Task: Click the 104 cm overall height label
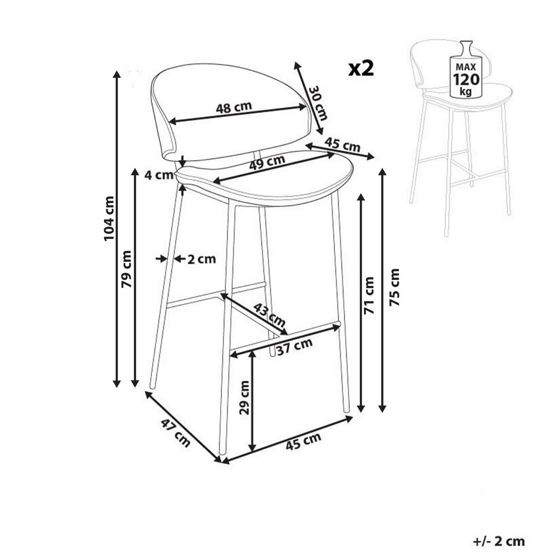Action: (x=109, y=218)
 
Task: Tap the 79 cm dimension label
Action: (x=126, y=269)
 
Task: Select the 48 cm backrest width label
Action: (x=233, y=107)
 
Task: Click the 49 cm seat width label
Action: (x=267, y=163)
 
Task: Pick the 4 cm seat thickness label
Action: (x=159, y=175)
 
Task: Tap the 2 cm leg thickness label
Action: (x=201, y=259)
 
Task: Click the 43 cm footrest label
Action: (x=269, y=315)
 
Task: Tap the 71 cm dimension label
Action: (x=369, y=295)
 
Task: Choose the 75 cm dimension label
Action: (x=394, y=287)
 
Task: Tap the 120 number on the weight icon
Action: (x=466, y=79)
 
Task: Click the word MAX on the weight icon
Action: (x=466, y=67)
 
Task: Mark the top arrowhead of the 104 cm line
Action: (x=117, y=74)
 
